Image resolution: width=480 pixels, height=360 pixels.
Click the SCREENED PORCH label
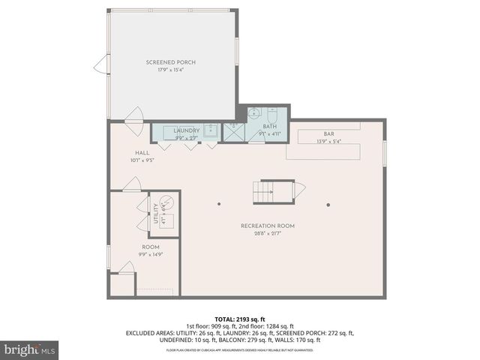[x=171, y=62]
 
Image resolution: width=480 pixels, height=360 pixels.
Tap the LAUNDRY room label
[x=186, y=130]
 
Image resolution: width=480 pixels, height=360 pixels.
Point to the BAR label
[x=328, y=133]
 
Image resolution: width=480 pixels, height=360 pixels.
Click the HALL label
[x=132, y=152]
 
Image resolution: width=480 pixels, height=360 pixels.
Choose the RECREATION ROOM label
[x=268, y=226]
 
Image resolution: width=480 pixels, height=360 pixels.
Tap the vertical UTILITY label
[x=156, y=214]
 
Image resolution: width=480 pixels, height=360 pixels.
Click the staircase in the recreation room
[x=274, y=192]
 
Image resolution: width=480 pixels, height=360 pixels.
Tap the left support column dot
[x=219, y=204]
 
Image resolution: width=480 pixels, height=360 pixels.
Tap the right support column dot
[x=328, y=204]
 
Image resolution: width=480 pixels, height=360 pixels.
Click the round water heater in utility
[x=167, y=201]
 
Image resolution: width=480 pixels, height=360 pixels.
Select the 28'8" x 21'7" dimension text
[x=268, y=234]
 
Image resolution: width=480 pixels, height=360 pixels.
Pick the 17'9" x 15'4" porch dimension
[x=171, y=70]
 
